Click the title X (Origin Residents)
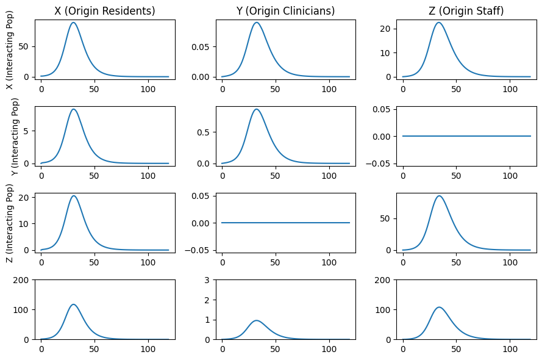click(105, 10)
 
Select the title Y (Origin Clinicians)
click(285, 10)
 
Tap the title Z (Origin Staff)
click(466, 10)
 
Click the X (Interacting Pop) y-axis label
click(10, 50)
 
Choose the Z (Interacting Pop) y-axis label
click(10, 223)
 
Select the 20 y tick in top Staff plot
click(387, 29)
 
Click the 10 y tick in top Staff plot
click(387, 53)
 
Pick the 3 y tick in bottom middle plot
click(209, 280)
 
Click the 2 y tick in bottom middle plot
click(209, 300)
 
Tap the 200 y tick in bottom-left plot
click(21, 280)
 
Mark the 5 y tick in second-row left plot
click(27, 131)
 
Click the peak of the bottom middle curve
click(256, 320)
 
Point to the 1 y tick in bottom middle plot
click(209, 320)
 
